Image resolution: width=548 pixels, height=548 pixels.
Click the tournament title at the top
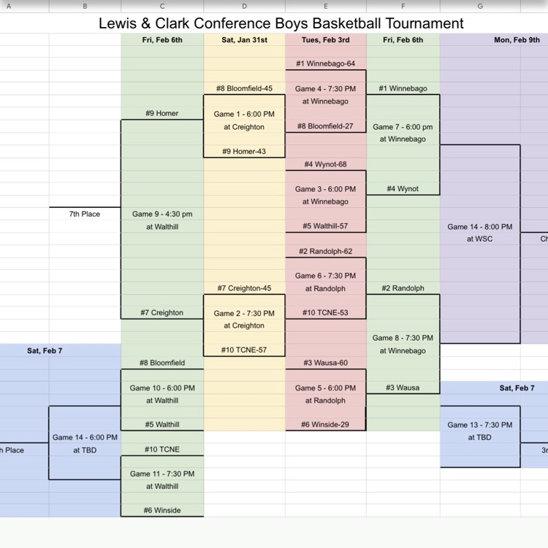(281, 23)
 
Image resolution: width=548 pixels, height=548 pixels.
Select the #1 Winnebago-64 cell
(325, 63)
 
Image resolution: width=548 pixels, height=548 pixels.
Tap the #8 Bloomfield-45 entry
(244, 88)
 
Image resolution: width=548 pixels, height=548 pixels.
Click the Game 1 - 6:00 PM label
(244, 114)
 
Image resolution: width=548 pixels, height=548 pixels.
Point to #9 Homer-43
(244, 151)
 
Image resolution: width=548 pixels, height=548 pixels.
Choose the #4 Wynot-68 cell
(325, 164)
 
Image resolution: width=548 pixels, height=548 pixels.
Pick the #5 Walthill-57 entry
(325, 225)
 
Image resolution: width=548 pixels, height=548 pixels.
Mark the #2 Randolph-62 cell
(325, 251)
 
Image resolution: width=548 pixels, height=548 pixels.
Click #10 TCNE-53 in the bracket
(325, 312)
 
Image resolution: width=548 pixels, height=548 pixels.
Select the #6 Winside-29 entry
(325, 425)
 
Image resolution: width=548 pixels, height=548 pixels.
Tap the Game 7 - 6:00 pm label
(403, 126)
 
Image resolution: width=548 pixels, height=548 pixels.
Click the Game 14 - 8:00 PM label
(480, 227)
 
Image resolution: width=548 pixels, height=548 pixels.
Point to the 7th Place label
(85, 214)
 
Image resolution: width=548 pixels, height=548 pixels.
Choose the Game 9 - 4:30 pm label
(162, 214)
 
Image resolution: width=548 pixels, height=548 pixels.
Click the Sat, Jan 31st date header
(244, 40)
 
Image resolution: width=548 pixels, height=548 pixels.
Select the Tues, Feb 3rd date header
(325, 40)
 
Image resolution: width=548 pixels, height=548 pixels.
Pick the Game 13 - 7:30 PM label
(480, 425)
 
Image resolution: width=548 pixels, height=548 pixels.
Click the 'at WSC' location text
(480, 239)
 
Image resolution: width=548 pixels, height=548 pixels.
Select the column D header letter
(244, 6)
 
